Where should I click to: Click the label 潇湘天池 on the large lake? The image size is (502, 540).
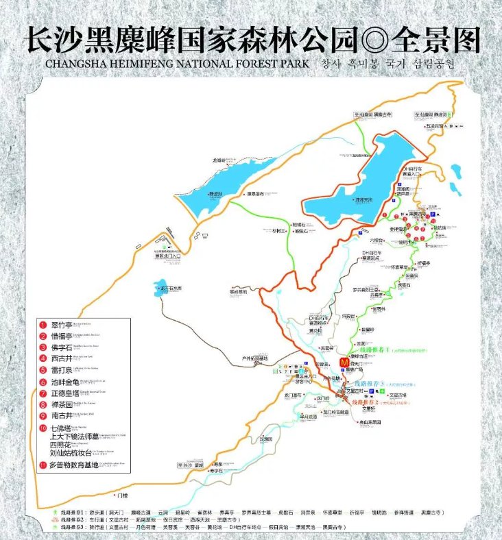pyautogui.click(x=363, y=199)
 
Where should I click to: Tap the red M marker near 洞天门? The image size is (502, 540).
pyautogui.click(x=344, y=363)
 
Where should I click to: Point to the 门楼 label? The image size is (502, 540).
pyautogui.click(x=122, y=495)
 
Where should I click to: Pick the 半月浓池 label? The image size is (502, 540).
pyautogui.click(x=307, y=417)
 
